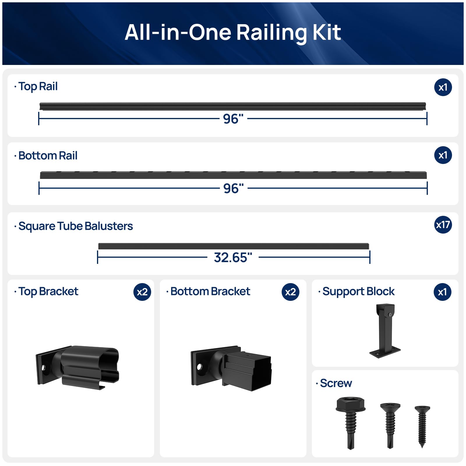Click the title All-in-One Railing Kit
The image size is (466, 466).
click(x=233, y=32)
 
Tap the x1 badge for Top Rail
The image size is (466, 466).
click(x=443, y=87)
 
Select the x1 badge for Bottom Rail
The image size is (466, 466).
click(x=443, y=155)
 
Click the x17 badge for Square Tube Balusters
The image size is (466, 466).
click(x=443, y=225)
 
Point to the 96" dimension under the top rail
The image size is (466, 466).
click(x=233, y=119)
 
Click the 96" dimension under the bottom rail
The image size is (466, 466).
click(x=233, y=188)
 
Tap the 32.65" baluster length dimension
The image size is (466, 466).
click(x=233, y=257)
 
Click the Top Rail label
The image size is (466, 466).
click(x=38, y=87)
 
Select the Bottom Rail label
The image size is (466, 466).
click(x=48, y=156)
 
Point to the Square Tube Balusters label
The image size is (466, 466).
click(x=75, y=226)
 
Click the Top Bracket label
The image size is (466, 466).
click(x=48, y=292)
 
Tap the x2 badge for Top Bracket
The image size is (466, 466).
click(x=142, y=292)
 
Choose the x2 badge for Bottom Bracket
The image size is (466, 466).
click(x=290, y=292)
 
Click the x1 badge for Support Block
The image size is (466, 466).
click(x=442, y=292)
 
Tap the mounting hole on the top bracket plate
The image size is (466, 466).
click(x=44, y=368)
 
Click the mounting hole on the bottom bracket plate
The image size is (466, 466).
click(x=200, y=367)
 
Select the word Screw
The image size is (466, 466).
click(x=336, y=383)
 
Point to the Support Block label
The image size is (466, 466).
click(x=359, y=292)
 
